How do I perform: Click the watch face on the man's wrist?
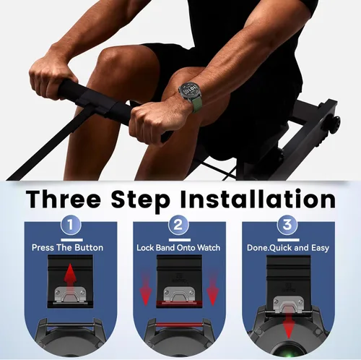(190, 91)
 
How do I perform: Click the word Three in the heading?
(64, 200)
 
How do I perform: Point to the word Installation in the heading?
(258, 199)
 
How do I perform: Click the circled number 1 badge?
(70, 225)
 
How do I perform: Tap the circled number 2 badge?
(178, 225)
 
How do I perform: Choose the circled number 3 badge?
(287, 225)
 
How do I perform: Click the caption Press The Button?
(67, 247)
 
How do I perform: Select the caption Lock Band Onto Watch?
(178, 248)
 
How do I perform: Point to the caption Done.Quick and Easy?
(288, 248)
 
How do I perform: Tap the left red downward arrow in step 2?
(145, 288)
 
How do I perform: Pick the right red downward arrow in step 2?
(212, 288)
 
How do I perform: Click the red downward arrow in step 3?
(288, 327)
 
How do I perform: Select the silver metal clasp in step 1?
(70, 294)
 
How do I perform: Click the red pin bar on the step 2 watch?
(179, 325)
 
